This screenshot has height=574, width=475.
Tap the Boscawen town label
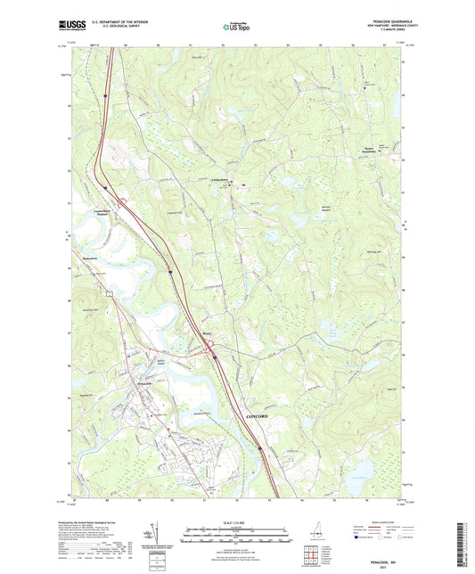pos(82,255)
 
